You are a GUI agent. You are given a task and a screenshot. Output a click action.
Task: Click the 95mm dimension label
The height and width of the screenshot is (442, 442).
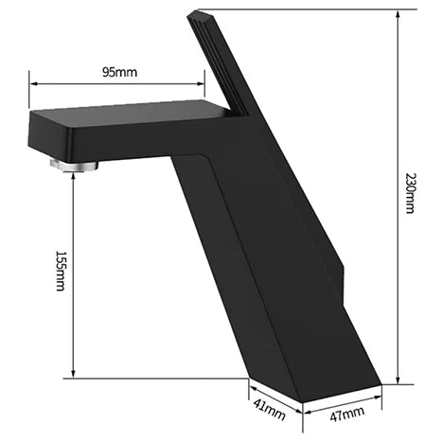(119, 72)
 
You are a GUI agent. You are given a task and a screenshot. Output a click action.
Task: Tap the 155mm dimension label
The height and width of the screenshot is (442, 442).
(61, 271)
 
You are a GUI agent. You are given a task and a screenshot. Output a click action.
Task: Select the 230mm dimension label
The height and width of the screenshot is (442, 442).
(410, 193)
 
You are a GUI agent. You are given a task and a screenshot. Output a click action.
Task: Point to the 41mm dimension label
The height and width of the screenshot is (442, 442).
(269, 409)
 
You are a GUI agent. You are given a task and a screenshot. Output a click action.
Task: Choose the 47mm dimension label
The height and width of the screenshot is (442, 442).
(347, 414)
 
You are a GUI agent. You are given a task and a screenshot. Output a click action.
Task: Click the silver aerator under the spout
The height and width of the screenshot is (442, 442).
(74, 165)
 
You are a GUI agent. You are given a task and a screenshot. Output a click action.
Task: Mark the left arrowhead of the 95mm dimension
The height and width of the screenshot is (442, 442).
(33, 83)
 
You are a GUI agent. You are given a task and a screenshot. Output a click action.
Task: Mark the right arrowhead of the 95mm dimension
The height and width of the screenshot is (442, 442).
(201, 83)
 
